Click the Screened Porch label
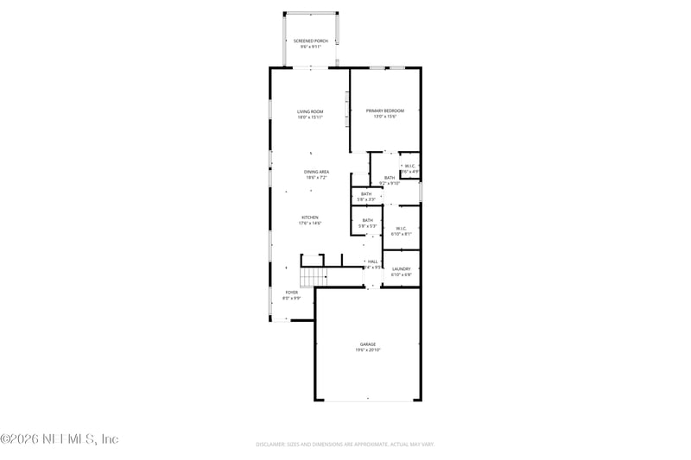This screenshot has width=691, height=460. (310, 41)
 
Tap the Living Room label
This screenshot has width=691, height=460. (310, 111)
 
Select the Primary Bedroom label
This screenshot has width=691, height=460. (385, 110)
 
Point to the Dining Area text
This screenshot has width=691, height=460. (316, 172)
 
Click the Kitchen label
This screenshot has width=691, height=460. (310, 217)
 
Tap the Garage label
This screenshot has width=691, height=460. (368, 344)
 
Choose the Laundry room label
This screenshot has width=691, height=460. (402, 269)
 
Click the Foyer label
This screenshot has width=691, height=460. (292, 293)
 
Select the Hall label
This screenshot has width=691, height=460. (373, 262)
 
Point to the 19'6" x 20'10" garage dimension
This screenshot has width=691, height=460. (368, 350)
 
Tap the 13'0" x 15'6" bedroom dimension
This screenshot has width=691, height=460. (385, 117)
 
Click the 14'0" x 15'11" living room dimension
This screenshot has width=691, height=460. (310, 117)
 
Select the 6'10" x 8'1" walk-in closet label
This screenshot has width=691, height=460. (402, 234)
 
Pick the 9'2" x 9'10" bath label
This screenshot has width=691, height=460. (390, 183)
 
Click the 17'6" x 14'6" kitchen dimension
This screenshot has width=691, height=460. (310, 224)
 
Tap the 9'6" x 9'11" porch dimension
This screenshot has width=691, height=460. (310, 47)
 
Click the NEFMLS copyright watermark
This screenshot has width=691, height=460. (60, 439)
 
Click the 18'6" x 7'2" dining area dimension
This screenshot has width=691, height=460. (316, 178)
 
